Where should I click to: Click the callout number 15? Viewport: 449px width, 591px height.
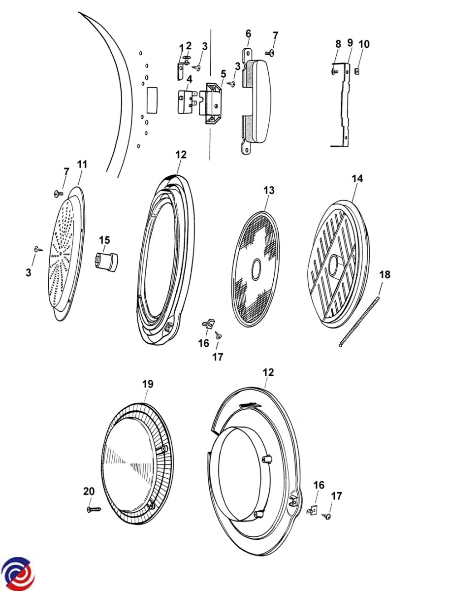[104, 240]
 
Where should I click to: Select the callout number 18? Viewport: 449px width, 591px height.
[385, 275]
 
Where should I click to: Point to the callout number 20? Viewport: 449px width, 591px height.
[89, 491]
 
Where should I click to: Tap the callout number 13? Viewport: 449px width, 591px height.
[269, 190]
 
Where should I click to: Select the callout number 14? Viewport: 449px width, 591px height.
[357, 178]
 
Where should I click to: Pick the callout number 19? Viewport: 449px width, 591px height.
[148, 384]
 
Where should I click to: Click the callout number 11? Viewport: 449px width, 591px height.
[82, 164]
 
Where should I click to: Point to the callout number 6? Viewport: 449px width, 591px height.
[248, 33]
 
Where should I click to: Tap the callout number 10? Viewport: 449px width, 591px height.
[364, 44]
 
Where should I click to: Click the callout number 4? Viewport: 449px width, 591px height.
[189, 79]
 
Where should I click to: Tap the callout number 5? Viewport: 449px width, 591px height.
[223, 74]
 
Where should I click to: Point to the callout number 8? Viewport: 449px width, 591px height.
[338, 44]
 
